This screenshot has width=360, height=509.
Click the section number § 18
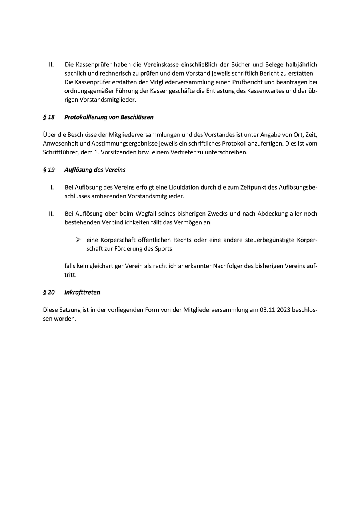click(49, 117)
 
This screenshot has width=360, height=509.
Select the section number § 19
click(49, 170)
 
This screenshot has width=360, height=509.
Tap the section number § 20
click(49, 292)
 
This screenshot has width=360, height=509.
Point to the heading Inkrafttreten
click(82, 292)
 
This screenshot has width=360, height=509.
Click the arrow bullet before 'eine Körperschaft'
click(78, 240)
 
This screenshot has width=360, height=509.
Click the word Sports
click(163, 248)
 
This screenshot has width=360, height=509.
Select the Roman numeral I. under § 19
click(52, 187)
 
